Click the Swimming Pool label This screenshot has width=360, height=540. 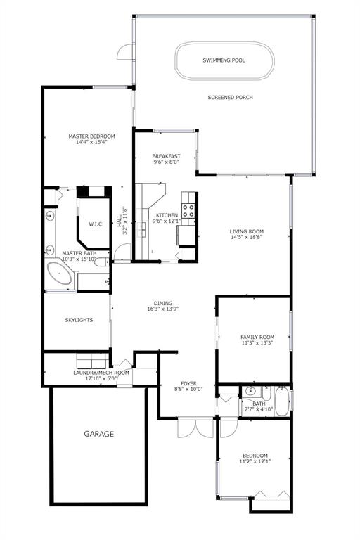(x=224, y=60)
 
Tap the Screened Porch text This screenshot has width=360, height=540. (x=230, y=98)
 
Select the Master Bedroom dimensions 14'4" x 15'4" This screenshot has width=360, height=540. (x=91, y=142)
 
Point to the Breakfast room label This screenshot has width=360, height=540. (x=167, y=156)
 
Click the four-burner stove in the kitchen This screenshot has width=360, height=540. (x=188, y=211)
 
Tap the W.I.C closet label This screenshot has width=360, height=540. (x=96, y=224)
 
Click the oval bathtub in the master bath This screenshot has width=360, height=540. (x=59, y=273)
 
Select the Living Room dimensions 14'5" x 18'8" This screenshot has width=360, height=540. (x=247, y=237)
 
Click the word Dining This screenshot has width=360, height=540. (x=163, y=304)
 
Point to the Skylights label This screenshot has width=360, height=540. (x=79, y=320)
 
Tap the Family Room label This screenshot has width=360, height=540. (x=257, y=337)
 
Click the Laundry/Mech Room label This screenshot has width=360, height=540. (x=101, y=373)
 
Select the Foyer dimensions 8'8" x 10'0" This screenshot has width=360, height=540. (x=188, y=389)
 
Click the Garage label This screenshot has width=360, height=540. (x=99, y=434)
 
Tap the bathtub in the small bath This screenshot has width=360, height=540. (x=282, y=401)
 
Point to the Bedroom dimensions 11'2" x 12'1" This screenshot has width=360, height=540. (x=255, y=461)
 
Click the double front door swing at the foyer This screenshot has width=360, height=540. (x=195, y=428)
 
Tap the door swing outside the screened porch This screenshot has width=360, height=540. (x=124, y=51)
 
